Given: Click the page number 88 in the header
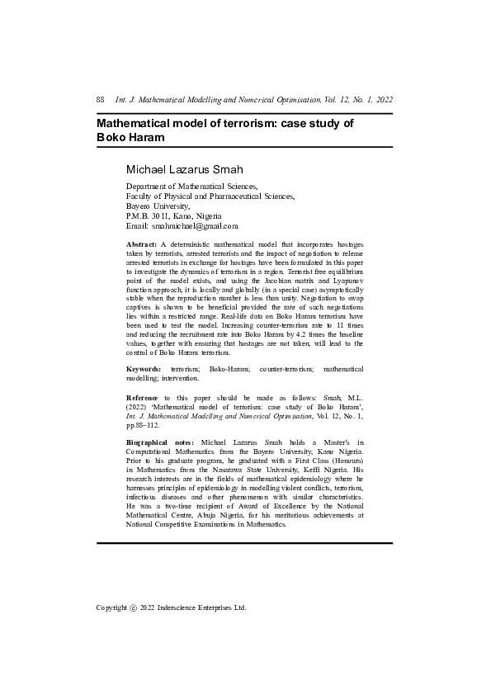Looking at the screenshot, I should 102,100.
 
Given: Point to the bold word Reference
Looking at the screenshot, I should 144,400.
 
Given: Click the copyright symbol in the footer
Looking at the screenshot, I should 134,608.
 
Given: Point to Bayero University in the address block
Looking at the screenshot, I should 158,206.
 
